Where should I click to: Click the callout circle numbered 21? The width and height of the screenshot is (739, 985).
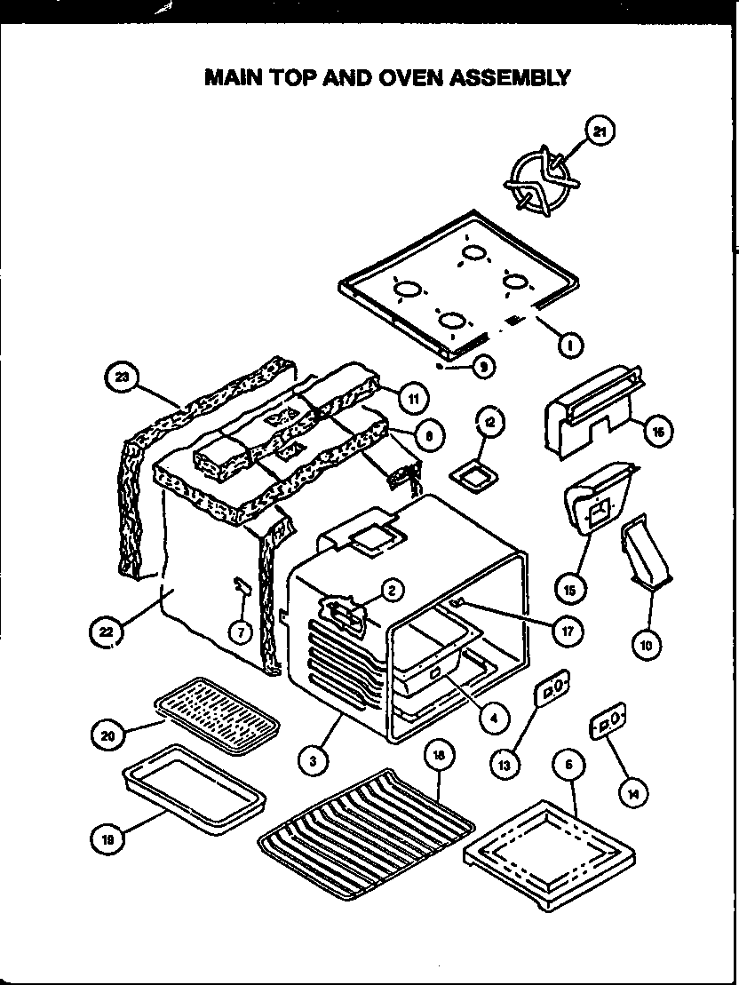pyautogui.click(x=600, y=132)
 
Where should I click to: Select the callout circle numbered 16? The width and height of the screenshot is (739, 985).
pyautogui.click(x=659, y=433)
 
